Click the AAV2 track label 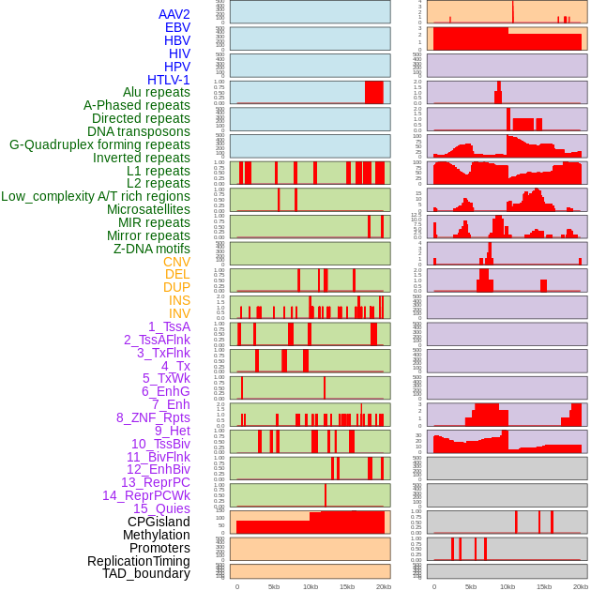[x=174, y=14]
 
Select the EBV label [x=177, y=27]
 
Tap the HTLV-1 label [x=169, y=80]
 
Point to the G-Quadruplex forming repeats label [x=99, y=144]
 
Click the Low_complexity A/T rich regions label [x=96, y=196]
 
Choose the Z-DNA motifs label [x=152, y=249]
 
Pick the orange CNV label [x=176, y=262]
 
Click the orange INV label [x=179, y=313]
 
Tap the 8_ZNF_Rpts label [x=153, y=417]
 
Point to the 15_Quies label [x=161, y=508]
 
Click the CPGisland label [x=159, y=522]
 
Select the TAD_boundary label [x=146, y=573]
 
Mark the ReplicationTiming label [x=139, y=561]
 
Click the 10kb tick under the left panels [x=311, y=586]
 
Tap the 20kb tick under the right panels [x=581, y=586]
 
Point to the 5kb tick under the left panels [x=274, y=586]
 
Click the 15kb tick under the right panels [x=544, y=586]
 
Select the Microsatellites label [x=148, y=209]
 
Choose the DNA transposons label [x=139, y=131]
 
